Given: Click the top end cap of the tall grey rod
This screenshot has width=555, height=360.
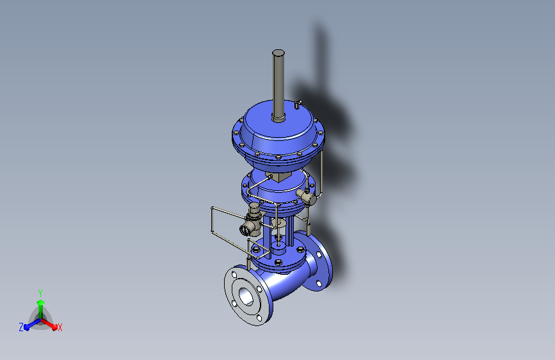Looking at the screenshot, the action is pos(278,53).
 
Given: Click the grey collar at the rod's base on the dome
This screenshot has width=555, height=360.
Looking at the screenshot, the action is pos(278,118).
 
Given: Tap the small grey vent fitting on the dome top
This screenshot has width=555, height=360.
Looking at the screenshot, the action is pos(298,104).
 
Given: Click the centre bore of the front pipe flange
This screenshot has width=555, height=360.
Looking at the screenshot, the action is pos(246,296).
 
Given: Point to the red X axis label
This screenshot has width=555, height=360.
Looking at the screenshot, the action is pos(60,328).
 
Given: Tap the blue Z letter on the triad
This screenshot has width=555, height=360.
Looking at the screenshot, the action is pos(21,327).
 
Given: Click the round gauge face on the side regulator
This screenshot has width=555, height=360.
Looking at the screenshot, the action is pos(245,231).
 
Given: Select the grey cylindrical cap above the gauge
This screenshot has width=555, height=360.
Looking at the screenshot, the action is pos(254,210).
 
